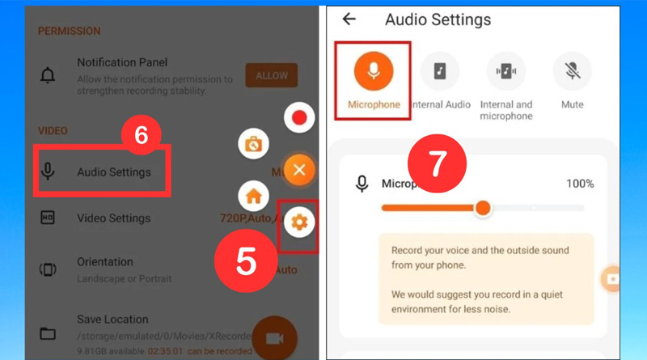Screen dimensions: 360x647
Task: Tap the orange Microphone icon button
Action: point(373,71)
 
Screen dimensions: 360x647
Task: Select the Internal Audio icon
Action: point(440,71)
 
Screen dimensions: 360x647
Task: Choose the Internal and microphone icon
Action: point(506,71)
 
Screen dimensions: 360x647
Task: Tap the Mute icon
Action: point(572,71)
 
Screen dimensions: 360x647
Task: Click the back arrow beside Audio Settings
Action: point(349,19)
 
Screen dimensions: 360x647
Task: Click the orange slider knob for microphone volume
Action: point(483,208)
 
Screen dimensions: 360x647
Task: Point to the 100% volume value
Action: point(579,184)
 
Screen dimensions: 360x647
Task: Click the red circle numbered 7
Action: point(438,165)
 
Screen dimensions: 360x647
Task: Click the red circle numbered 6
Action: point(141,136)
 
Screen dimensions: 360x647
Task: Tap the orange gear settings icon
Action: point(299,221)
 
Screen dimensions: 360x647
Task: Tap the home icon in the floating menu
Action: point(252,196)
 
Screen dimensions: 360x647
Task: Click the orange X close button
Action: point(299,170)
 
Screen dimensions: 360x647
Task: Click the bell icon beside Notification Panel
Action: point(48,75)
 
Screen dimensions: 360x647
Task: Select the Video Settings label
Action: point(113,218)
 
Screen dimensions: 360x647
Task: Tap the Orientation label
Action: point(105,262)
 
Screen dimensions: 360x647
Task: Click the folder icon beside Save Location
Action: point(48,333)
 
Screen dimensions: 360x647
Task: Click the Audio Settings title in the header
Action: point(438,19)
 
